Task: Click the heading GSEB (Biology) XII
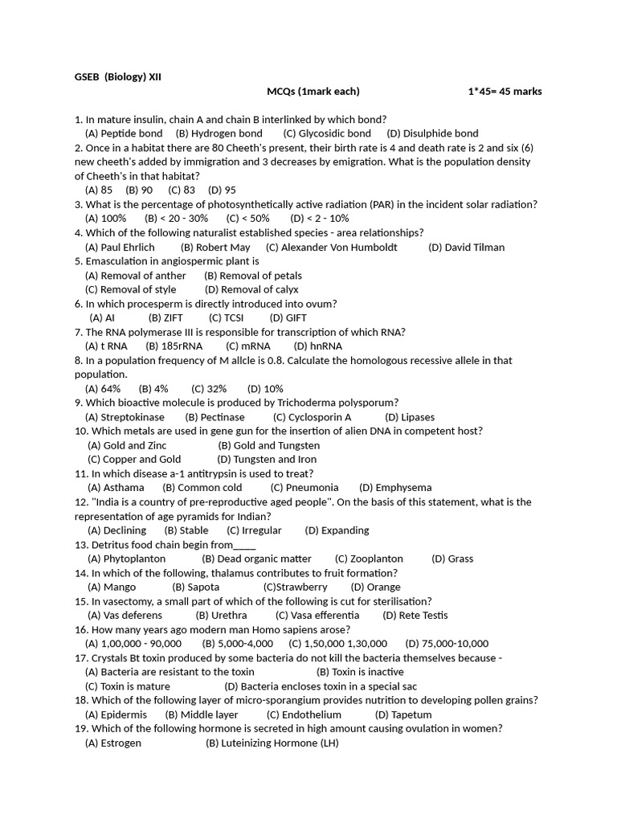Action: [x=118, y=77]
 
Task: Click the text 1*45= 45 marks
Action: [x=505, y=92]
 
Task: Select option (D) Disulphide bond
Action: [x=432, y=133]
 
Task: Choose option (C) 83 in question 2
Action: [x=182, y=190]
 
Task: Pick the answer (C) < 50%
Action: [x=248, y=219]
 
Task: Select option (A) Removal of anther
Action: [x=135, y=276]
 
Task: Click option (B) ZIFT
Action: [x=165, y=318]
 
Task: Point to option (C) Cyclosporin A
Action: [x=312, y=417]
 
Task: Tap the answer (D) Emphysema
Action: [x=395, y=488]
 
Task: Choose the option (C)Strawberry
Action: [x=295, y=588]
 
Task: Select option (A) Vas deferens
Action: [x=125, y=616]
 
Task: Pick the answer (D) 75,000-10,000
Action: [x=447, y=644]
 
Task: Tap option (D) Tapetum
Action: [x=403, y=714]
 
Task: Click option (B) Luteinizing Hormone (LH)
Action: [x=272, y=743]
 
